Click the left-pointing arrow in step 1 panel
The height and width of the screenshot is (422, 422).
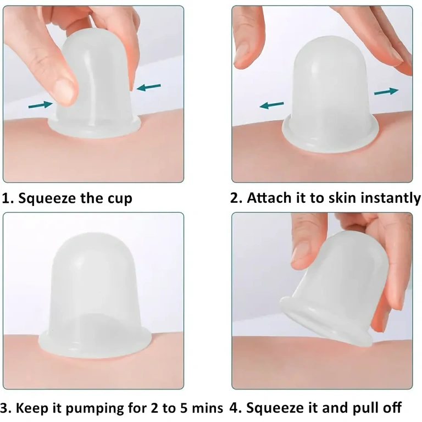point(148,87)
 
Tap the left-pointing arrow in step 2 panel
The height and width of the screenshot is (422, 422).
point(271,104)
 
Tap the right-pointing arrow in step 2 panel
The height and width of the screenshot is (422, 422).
point(386,91)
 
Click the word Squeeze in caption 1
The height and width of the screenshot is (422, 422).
point(49,198)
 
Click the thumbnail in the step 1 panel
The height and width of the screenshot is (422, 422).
point(65,91)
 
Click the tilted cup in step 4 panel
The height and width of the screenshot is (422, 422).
point(330,291)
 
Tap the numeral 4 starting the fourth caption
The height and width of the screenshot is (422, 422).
point(235,408)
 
